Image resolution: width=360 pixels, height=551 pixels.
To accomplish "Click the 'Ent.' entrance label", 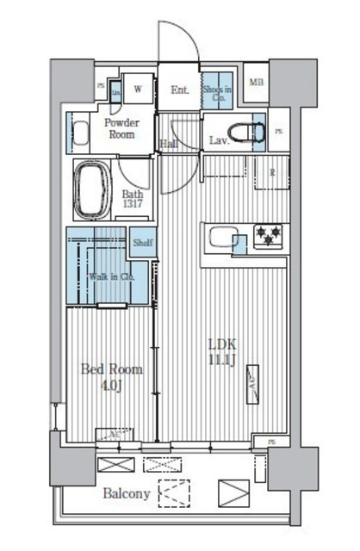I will (x=180, y=89).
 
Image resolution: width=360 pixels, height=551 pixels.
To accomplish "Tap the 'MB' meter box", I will (x=256, y=83).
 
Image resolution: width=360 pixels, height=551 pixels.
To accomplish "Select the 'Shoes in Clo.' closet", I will (x=215, y=90).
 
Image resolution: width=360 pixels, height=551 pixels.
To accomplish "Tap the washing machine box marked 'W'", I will (x=137, y=87).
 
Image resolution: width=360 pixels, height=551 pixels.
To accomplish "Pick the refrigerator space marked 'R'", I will (x=272, y=173).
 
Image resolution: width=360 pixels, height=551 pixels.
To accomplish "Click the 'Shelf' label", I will (x=142, y=244).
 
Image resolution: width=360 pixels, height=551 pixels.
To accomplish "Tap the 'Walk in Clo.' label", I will (x=111, y=276).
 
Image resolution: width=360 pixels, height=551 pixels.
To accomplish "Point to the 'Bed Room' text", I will (x=111, y=369).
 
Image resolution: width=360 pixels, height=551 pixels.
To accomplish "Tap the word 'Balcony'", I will (x=127, y=494).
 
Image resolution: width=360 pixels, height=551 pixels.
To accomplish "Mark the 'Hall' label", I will (x=169, y=144).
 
